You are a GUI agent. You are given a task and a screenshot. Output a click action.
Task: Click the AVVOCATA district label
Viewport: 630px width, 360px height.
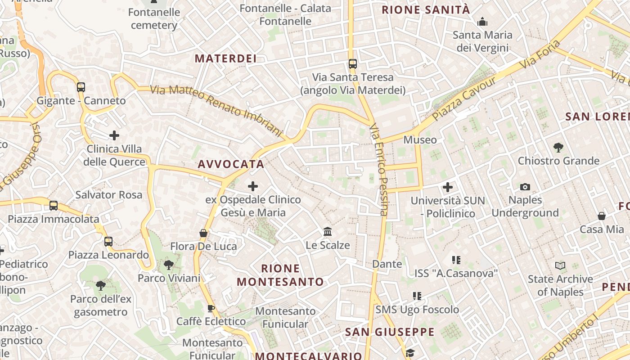click(231, 164)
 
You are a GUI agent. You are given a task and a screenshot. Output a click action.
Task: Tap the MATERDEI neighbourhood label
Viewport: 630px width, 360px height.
click(225, 58)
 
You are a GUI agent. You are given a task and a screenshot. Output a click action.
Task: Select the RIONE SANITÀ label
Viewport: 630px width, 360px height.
click(426, 10)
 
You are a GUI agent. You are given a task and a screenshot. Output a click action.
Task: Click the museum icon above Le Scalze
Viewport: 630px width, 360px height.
click(328, 232)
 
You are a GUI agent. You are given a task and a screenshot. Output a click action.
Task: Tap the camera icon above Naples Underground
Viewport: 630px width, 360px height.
click(525, 187)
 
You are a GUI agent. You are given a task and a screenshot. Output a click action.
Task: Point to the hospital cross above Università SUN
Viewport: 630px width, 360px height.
click(448, 187)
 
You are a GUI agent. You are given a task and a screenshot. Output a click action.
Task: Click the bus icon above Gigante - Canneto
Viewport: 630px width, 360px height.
click(81, 87)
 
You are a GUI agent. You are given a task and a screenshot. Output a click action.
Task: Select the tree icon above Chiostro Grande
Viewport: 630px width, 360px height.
click(558, 147)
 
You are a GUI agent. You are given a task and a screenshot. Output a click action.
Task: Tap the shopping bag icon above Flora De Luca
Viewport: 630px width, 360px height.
click(203, 233)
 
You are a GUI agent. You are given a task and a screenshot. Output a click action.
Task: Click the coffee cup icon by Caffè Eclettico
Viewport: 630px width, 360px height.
click(211, 308)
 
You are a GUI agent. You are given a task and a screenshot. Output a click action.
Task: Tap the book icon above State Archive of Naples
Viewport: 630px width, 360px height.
click(560, 265)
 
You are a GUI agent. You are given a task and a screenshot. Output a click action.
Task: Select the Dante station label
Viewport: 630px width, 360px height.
click(387, 264)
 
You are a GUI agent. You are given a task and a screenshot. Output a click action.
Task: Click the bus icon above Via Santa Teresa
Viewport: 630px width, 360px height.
click(353, 64)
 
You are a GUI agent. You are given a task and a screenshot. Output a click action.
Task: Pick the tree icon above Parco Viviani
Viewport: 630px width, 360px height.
click(169, 265)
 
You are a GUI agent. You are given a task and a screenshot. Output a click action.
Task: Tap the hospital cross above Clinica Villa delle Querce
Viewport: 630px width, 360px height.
click(114, 135)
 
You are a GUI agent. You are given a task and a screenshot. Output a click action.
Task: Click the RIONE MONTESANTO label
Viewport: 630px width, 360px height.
click(280, 275)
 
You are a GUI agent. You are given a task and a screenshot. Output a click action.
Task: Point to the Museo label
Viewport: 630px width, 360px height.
click(420, 140)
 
